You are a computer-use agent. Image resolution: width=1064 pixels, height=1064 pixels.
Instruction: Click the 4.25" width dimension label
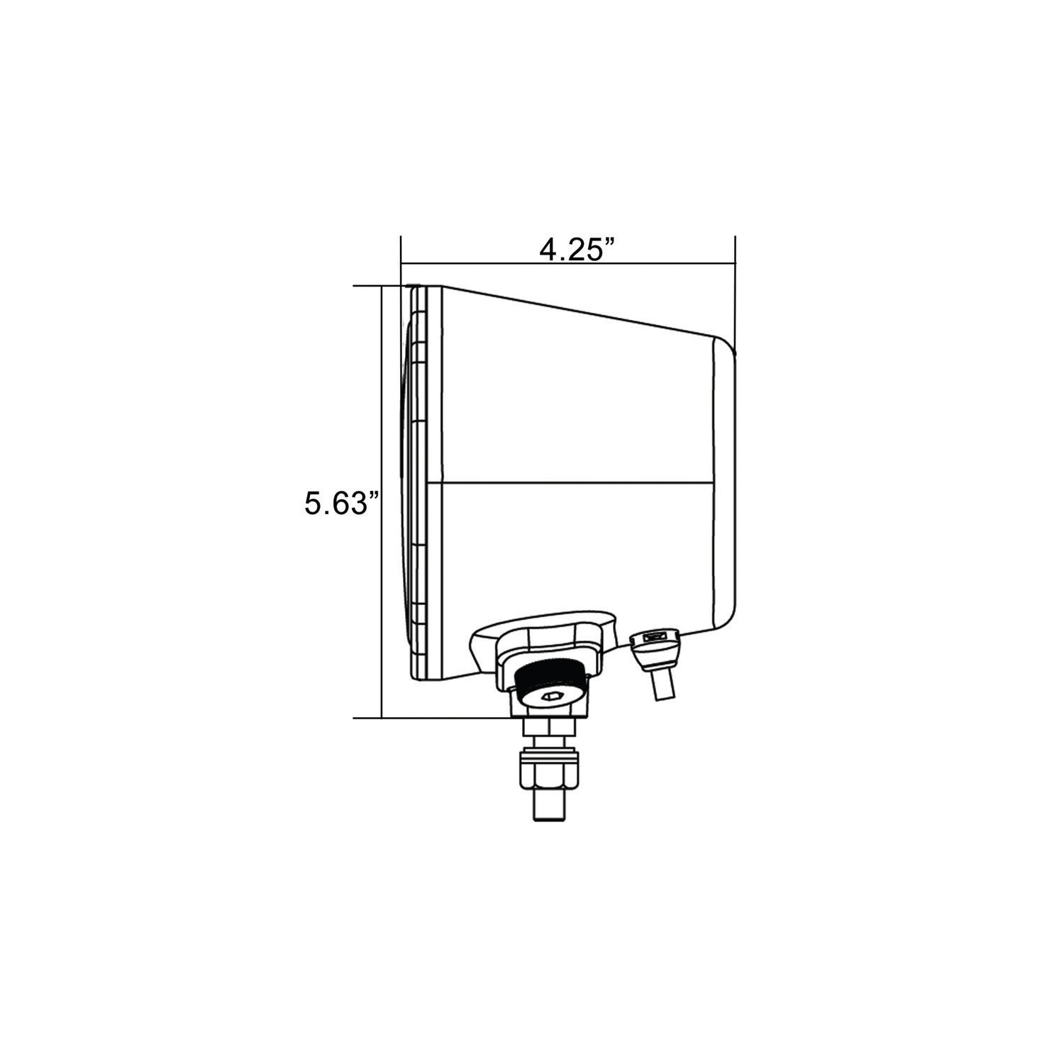[577, 250]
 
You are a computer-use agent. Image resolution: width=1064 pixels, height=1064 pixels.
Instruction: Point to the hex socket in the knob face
[552, 697]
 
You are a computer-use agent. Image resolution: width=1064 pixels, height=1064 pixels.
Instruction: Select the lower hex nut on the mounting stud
[550, 778]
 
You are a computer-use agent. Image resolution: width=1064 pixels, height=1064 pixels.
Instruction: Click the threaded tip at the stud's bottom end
[550, 809]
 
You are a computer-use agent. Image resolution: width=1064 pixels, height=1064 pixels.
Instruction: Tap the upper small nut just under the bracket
[550, 728]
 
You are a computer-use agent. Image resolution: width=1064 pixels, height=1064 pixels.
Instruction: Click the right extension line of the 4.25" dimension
[735, 291]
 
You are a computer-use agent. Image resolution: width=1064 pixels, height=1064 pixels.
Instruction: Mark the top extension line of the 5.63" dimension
[369, 286]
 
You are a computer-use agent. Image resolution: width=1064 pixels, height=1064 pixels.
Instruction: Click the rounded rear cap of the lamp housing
[725, 482]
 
